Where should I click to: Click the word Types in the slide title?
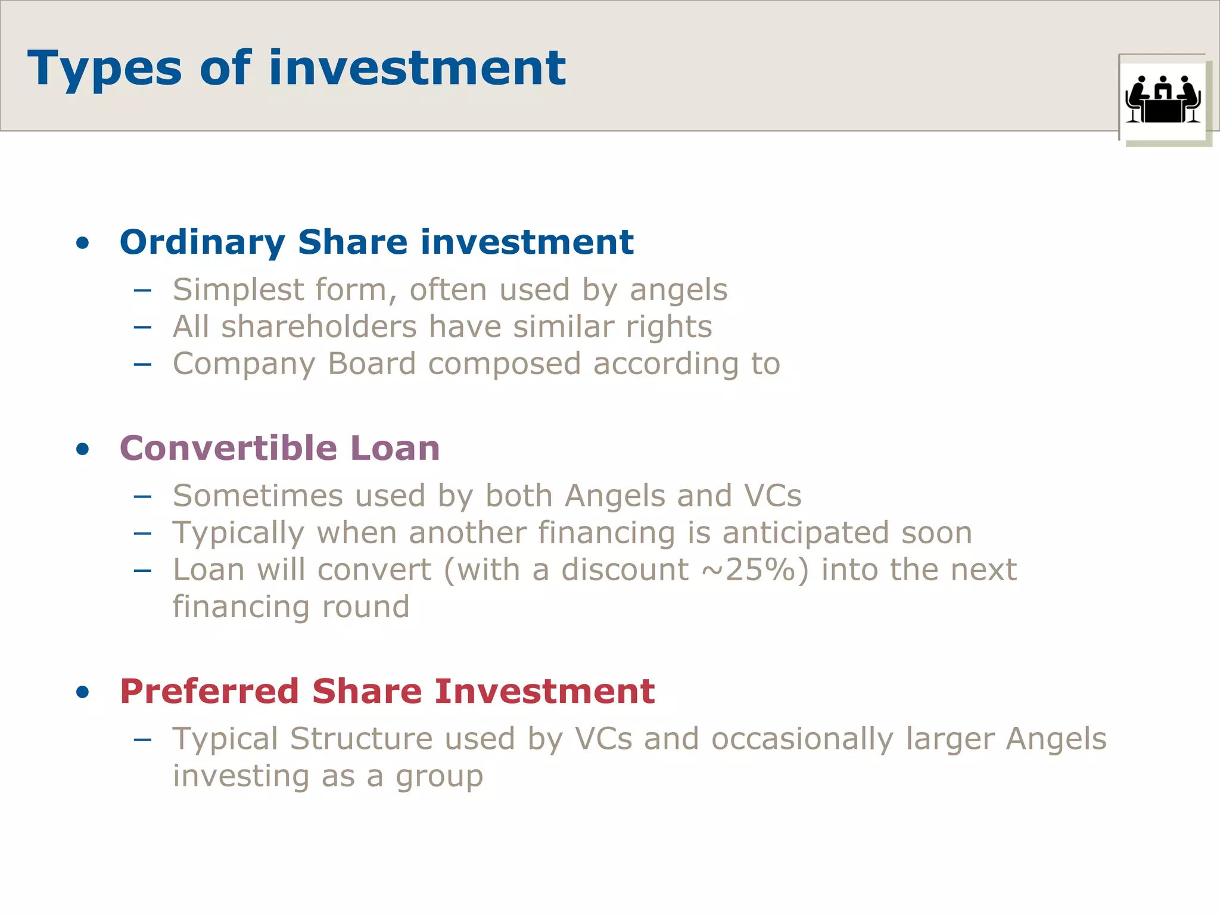[x=104, y=69]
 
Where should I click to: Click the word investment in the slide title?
[x=417, y=68]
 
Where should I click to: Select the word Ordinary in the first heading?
[x=203, y=243]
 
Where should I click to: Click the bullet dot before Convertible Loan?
[x=83, y=449]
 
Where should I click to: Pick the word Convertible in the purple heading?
[x=228, y=448]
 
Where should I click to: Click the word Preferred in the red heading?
[x=209, y=692]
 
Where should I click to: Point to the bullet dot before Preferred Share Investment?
[x=83, y=692]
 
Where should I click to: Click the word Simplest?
[x=238, y=291]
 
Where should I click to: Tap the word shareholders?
[x=319, y=327]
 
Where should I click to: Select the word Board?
[x=371, y=364]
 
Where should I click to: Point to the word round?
[x=366, y=607]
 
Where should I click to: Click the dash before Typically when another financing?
[x=142, y=533]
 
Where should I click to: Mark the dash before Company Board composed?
[x=142, y=364]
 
